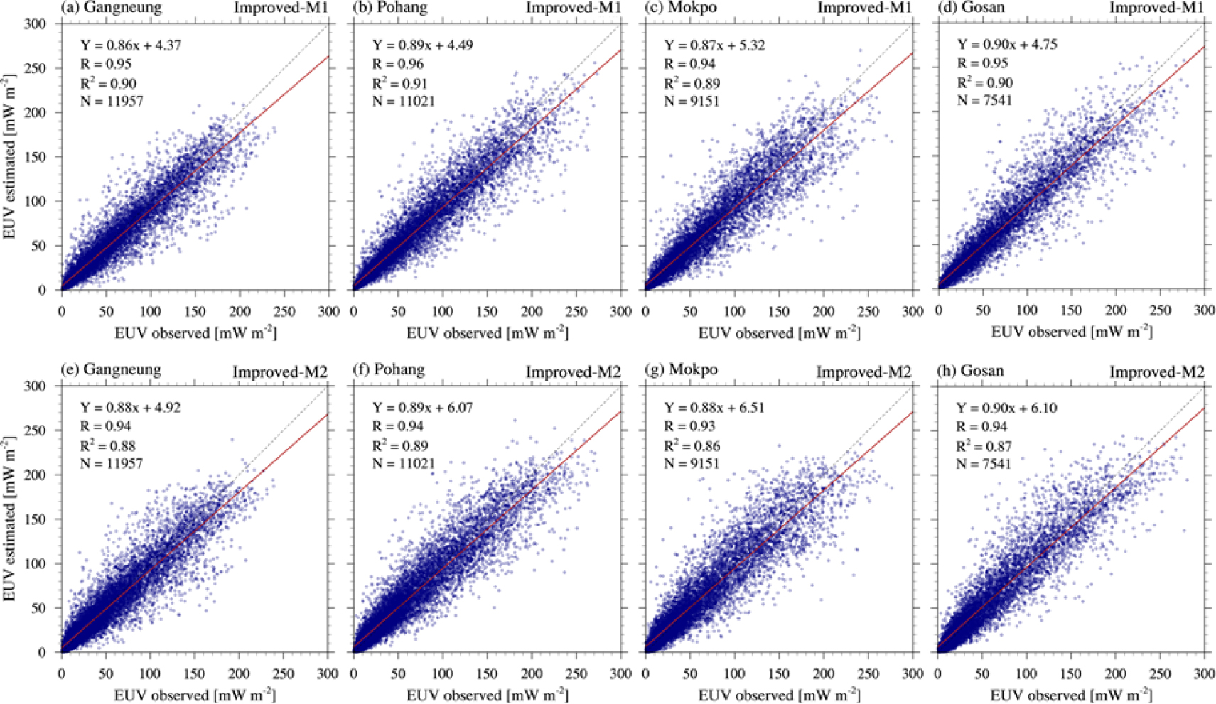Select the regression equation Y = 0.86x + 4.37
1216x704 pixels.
point(131,45)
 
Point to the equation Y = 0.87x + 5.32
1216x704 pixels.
point(715,45)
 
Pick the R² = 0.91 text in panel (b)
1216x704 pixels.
point(401,83)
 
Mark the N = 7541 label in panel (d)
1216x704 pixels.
point(984,100)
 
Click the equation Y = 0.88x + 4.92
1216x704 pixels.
point(131,408)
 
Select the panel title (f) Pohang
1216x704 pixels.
point(389,369)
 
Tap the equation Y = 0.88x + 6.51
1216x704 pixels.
point(715,408)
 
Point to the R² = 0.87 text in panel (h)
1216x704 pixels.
point(984,446)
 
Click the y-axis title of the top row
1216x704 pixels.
point(9,156)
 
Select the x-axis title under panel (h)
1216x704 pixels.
point(1071,695)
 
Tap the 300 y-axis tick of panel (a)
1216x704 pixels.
point(36,23)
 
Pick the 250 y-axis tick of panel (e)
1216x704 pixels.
point(36,430)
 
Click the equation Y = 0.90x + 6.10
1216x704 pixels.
point(1006,408)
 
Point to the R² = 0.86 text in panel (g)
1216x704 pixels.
point(692,446)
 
